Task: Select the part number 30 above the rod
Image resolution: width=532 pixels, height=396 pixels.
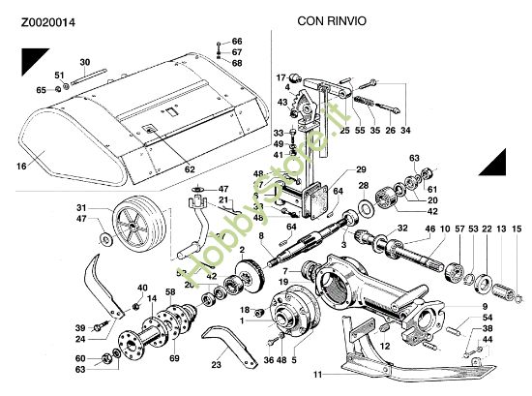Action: point(85,62)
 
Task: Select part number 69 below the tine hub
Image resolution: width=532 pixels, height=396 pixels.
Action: point(174,358)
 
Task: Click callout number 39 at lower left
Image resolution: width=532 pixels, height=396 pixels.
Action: point(81,328)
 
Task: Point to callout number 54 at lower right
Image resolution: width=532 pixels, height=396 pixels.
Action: point(488,317)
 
